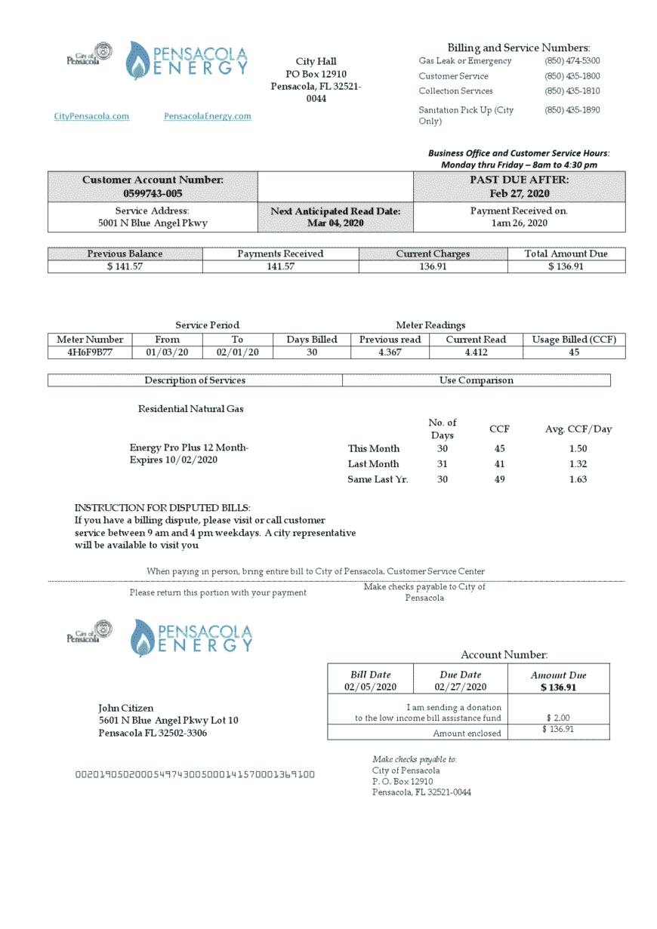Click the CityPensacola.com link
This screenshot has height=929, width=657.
(91, 116)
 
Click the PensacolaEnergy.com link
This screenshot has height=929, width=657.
(207, 116)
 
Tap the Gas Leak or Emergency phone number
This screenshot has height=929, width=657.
(572, 61)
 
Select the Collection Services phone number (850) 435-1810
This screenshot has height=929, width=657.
(572, 91)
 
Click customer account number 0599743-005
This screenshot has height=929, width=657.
(153, 194)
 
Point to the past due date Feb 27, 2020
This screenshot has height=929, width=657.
(519, 194)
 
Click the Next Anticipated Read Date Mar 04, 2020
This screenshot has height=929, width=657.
(335, 223)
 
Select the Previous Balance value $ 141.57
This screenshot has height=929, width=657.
(125, 266)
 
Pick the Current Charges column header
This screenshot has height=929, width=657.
(433, 254)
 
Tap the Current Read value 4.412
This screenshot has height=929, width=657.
(476, 352)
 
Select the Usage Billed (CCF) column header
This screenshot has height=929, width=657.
(574, 340)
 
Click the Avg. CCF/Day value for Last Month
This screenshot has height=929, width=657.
(578, 464)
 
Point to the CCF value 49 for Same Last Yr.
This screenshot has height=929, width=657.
(499, 479)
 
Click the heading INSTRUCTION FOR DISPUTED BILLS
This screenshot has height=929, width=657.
(162, 508)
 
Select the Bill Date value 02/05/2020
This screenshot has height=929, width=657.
(370, 687)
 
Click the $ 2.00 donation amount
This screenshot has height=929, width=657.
(557, 718)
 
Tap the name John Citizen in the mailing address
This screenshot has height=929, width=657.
(126, 708)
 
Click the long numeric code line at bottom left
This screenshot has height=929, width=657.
(195, 774)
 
